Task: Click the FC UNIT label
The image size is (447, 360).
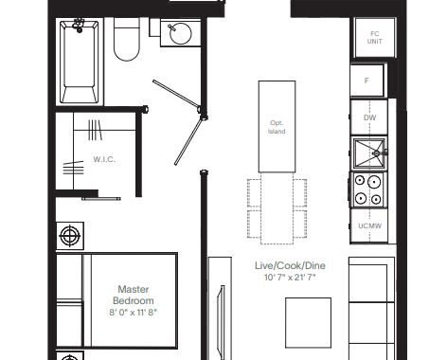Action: [375, 37]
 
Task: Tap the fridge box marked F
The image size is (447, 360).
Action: [367, 81]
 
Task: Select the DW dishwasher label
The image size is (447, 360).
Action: [369, 117]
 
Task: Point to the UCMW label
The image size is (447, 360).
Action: [369, 225]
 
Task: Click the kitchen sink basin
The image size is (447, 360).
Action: [368, 153]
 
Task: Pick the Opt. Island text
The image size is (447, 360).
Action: [277, 127]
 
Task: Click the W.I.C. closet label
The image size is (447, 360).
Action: [104, 159]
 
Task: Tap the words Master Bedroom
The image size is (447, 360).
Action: [134, 295]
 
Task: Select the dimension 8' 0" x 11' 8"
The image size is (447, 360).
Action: [134, 313]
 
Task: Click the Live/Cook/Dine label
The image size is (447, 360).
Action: [290, 265]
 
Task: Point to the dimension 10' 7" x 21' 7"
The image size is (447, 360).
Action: [290, 278]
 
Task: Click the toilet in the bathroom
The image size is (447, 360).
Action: [127, 39]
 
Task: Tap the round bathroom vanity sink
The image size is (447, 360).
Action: [180, 33]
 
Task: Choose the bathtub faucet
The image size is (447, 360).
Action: [78, 26]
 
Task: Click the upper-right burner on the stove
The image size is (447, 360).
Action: [374, 182]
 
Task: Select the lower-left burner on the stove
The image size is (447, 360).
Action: [361, 198]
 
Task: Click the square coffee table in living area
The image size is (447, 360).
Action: [309, 323]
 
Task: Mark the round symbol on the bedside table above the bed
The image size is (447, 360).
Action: [70, 236]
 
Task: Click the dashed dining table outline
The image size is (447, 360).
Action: [277, 208]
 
